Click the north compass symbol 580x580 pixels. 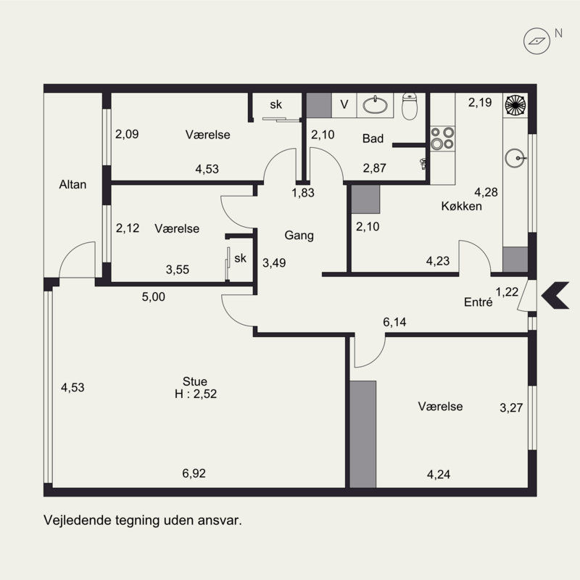click(536, 41)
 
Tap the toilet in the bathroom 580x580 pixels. click(410, 106)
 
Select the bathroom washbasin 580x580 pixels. click(375, 105)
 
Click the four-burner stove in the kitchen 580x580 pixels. click(442, 138)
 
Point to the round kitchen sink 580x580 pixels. click(515, 158)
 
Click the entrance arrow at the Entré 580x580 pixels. click(555, 295)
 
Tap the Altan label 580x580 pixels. click(73, 184)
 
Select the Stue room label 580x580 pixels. click(195, 381)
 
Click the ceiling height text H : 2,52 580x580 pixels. click(196, 394)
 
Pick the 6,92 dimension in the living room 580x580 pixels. click(194, 473)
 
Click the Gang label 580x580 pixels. click(299, 235)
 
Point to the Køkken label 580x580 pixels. click(462, 206)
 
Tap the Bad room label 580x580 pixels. click(373, 138)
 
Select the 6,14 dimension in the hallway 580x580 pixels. click(394, 322)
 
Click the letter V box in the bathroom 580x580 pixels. click(344, 104)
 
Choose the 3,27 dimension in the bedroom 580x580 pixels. click(511, 407)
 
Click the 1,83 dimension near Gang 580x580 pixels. click(303, 193)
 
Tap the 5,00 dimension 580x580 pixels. click(154, 297)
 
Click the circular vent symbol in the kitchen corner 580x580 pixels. click(515, 104)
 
